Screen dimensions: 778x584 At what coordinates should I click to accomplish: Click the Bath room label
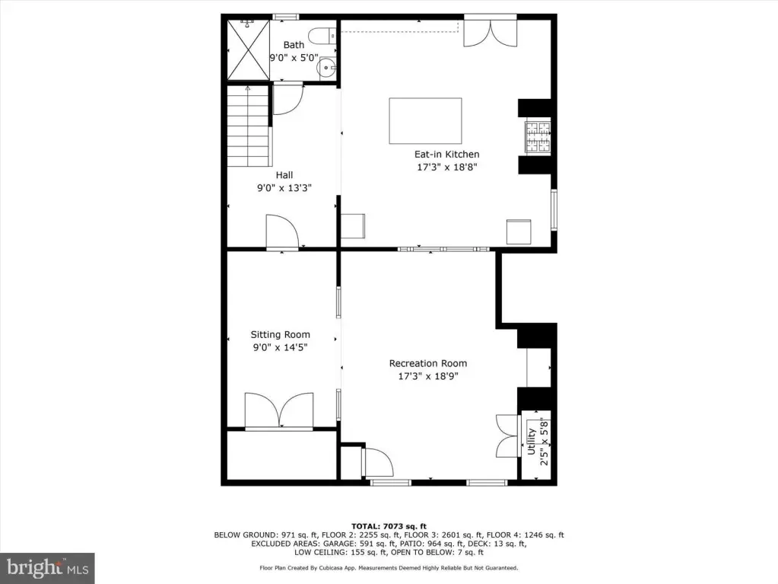(x=294, y=45)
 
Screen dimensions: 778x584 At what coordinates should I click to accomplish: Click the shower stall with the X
(x=249, y=49)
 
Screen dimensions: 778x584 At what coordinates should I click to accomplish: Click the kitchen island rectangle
(x=425, y=120)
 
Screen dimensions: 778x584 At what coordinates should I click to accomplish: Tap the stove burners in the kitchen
(x=538, y=136)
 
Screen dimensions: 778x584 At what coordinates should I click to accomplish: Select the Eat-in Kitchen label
(x=447, y=155)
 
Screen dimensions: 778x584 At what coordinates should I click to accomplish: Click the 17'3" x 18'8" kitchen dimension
(x=447, y=167)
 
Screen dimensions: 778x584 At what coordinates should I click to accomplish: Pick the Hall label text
(x=284, y=175)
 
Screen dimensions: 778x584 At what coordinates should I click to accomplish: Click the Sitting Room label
(x=281, y=335)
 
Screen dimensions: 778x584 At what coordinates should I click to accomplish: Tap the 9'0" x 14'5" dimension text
(x=281, y=347)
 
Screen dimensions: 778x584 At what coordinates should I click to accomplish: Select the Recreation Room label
(x=428, y=363)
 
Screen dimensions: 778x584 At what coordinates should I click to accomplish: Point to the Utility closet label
(x=532, y=442)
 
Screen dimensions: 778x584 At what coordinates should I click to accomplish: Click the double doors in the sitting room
(x=279, y=410)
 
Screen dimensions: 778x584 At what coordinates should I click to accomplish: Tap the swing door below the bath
(x=288, y=99)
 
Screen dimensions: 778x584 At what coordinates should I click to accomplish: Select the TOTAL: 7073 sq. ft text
(x=389, y=526)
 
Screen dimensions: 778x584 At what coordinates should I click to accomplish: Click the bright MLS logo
(x=47, y=567)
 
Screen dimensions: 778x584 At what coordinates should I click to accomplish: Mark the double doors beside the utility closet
(x=507, y=436)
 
